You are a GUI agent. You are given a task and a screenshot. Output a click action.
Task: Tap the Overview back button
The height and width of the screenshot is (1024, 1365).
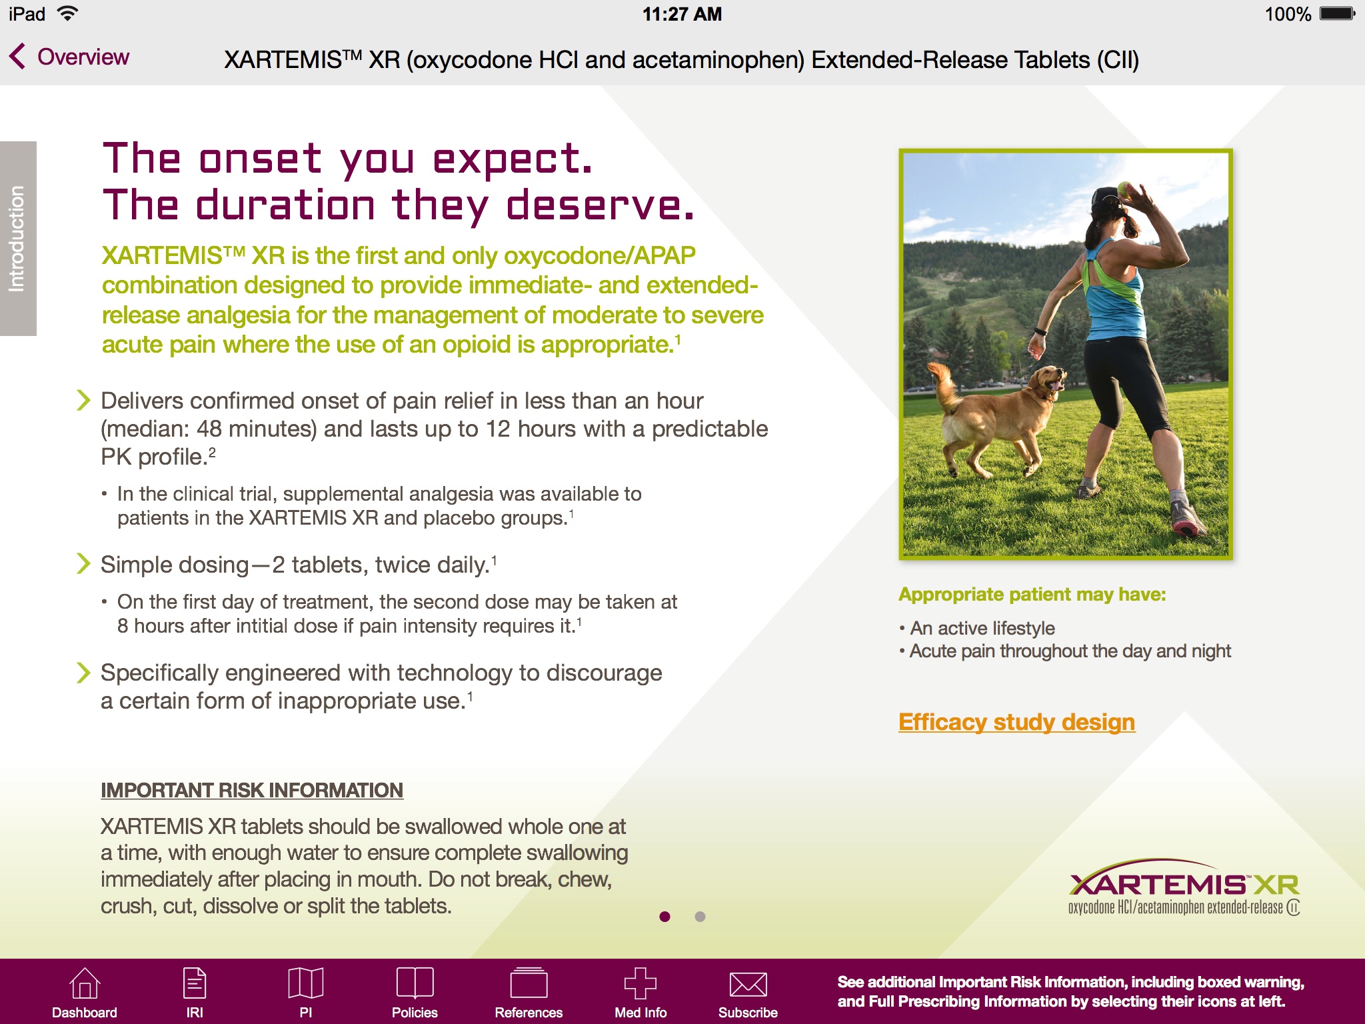coord(70,57)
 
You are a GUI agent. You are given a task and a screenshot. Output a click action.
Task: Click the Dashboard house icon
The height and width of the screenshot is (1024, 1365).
coord(85,984)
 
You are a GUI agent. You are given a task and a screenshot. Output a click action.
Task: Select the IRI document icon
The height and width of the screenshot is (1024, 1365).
coord(195,984)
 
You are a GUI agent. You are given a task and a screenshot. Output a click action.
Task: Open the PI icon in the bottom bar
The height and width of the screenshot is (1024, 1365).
coord(306,984)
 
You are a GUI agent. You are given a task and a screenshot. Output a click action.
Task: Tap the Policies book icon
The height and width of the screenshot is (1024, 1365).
coord(415,984)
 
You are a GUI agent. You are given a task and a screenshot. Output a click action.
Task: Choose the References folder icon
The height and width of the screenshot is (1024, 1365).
coord(529,984)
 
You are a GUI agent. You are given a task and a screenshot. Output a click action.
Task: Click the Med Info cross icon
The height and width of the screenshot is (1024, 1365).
coord(641,984)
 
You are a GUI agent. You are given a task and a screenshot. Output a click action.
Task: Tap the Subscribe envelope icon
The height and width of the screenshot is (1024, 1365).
coord(748,984)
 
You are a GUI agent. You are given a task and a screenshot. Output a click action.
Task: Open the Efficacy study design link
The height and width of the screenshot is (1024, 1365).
coord(1016,722)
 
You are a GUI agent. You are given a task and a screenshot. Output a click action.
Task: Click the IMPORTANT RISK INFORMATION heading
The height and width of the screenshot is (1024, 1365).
coord(252,791)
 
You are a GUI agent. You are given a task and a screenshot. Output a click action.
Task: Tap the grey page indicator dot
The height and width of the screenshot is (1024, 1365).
coord(700,917)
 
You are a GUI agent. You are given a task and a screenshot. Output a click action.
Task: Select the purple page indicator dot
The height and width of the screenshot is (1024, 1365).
coord(665,917)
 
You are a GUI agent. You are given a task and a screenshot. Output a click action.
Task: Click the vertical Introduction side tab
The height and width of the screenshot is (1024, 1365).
coord(18,239)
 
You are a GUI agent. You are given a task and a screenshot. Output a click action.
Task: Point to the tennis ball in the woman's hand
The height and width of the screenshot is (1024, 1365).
coord(1124,189)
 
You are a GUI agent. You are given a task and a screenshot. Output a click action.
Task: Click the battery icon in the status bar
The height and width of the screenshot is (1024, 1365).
coord(1337,14)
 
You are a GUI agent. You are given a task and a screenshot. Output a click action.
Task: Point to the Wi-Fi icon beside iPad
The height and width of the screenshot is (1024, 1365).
coord(67,14)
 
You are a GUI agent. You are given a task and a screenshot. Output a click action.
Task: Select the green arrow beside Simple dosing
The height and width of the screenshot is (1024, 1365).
coord(83,564)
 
